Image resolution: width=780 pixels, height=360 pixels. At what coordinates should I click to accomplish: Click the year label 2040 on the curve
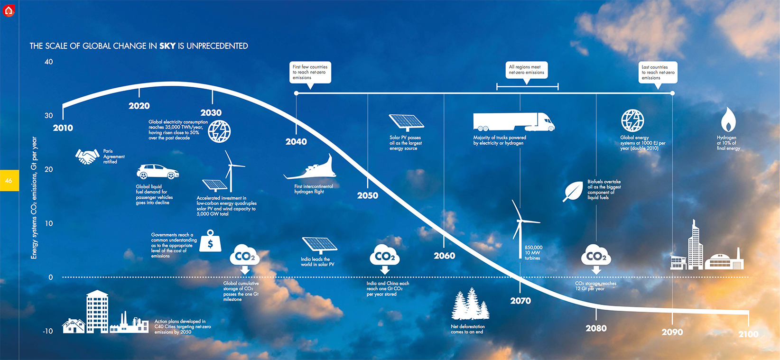pyautogui.click(x=296, y=141)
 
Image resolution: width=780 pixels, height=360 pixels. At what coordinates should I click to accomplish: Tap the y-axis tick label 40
pyautogui.click(x=49, y=62)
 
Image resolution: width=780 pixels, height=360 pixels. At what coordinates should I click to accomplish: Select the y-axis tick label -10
pyautogui.click(x=48, y=331)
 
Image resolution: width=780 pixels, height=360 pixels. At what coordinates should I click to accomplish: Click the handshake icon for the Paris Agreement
pyautogui.click(x=87, y=157)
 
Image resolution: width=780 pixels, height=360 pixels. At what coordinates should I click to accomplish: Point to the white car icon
pyautogui.click(x=157, y=172)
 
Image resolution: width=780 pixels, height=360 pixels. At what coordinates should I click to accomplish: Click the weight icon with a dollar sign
pyautogui.click(x=210, y=241)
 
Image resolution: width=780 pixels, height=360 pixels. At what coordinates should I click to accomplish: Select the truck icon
pyautogui.click(x=513, y=122)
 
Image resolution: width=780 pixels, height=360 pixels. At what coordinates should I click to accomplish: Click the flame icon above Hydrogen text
pyautogui.click(x=728, y=120)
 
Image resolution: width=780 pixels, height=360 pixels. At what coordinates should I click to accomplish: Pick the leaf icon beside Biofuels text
pyautogui.click(x=573, y=191)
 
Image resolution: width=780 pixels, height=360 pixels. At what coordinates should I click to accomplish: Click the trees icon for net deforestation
pyautogui.click(x=470, y=304)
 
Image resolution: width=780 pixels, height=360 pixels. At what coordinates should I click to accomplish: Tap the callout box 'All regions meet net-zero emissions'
pyautogui.click(x=527, y=70)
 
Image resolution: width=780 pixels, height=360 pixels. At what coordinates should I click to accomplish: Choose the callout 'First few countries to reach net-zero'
pyautogui.click(x=310, y=72)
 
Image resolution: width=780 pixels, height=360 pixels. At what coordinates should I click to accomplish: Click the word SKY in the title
pyautogui.click(x=167, y=46)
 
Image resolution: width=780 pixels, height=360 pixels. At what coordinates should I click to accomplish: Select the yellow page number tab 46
pyautogui.click(x=9, y=181)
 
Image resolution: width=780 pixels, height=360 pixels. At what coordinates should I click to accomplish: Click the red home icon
pyautogui.click(x=9, y=10)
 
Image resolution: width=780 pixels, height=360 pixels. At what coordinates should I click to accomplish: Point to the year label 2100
pyautogui.click(x=748, y=334)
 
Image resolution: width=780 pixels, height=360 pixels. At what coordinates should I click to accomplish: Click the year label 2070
pyautogui.click(x=520, y=301)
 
